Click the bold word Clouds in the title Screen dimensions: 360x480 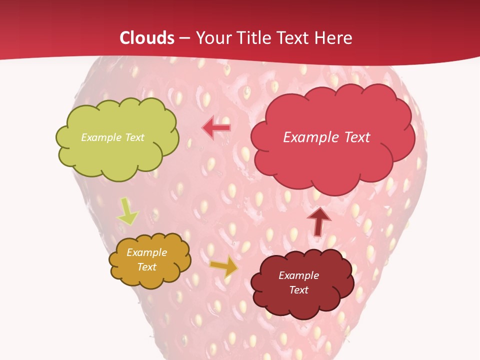coord(147,38)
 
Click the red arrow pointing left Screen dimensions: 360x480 coord(216,128)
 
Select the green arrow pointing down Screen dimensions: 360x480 coord(127,211)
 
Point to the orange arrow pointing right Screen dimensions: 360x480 coord(224,266)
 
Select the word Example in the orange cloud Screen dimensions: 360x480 coord(146,252)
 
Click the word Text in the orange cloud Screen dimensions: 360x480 coord(146,267)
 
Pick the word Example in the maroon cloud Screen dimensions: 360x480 coord(298,275)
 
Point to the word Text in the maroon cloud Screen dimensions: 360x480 coord(298,290)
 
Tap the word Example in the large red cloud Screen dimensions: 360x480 coord(309,137)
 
